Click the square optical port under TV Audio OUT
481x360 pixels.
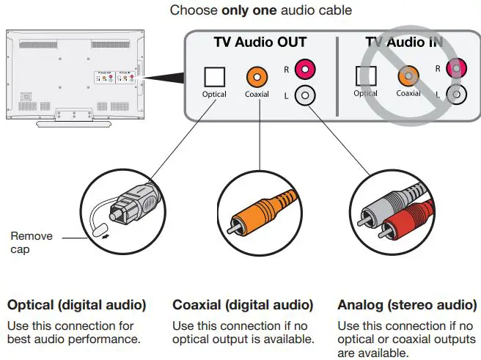pyautogui.click(x=215, y=76)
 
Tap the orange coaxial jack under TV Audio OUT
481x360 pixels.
pyautogui.click(x=257, y=76)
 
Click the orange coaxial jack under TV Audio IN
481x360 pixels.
pyautogui.click(x=408, y=76)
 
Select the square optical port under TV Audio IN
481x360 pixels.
pyautogui.click(x=366, y=76)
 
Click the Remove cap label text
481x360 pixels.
pyautogui.click(x=32, y=242)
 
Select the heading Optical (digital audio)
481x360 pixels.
pyautogui.click(x=76, y=304)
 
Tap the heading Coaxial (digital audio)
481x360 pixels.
pyautogui.click(x=243, y=304)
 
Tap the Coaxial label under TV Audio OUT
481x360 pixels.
pyautogui.click(x=257, y=94)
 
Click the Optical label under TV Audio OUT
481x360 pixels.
pyautogui.click(x=215, y=94)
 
